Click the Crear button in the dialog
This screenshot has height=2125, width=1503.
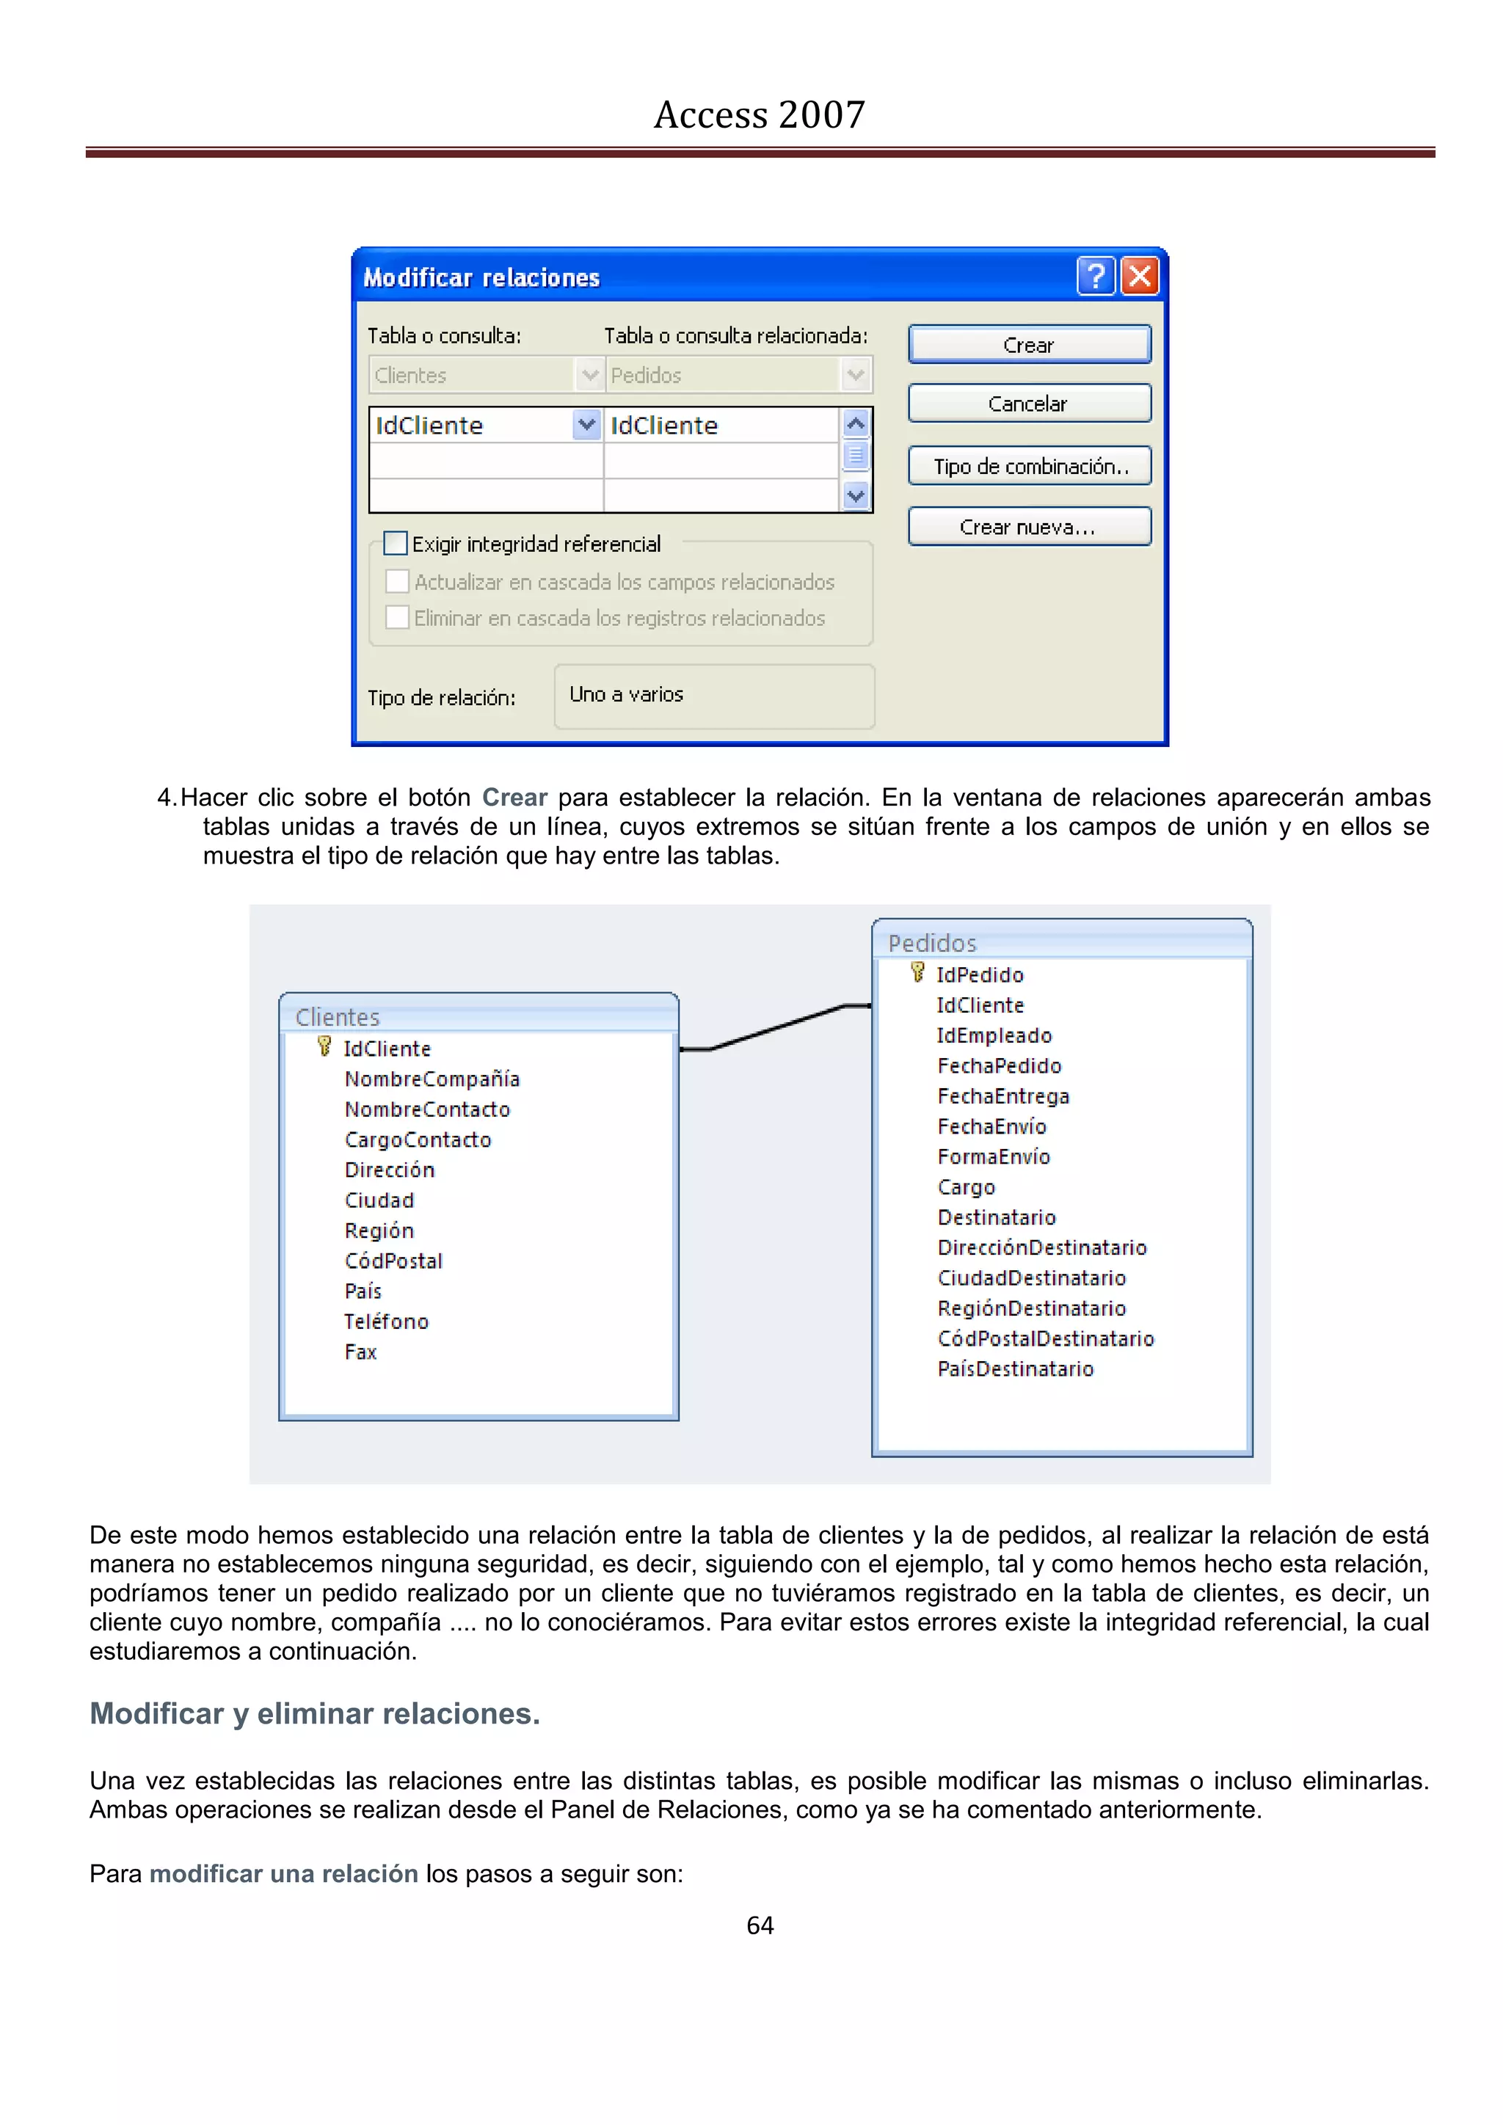(1029, 344)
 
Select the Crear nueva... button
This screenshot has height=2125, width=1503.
(1029, 527)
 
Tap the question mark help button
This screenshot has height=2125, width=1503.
(1096, 276)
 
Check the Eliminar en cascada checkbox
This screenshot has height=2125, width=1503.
(397, 617)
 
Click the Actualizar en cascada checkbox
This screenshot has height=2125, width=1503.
(397, 581)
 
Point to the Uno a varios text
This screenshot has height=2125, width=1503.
(627, 694)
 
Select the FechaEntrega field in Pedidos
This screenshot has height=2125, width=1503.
(1003, 1096)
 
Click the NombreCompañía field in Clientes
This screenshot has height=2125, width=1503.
(432, 1079)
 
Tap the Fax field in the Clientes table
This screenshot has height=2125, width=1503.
(361, 1352)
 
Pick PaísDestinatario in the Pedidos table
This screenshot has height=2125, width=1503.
(1015, 1368)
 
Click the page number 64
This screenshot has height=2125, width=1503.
(760, 1926)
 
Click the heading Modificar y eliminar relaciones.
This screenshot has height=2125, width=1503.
(315, 1713)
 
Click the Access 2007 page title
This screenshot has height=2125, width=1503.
(759, 114)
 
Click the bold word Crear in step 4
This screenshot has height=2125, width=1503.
(514, 797)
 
